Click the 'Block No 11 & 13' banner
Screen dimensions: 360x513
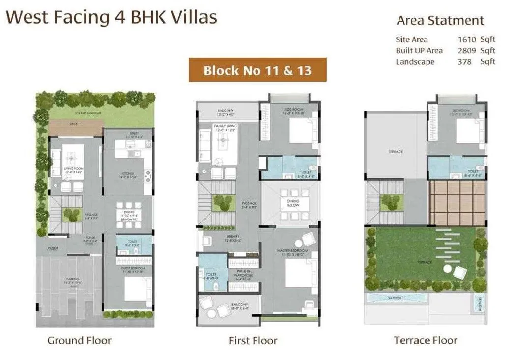257,70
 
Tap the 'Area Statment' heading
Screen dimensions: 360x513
440,20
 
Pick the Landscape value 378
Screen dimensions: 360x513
464,61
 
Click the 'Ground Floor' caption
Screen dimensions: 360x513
79,340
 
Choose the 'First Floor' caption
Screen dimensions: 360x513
253,340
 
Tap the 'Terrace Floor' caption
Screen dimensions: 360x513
426,340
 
